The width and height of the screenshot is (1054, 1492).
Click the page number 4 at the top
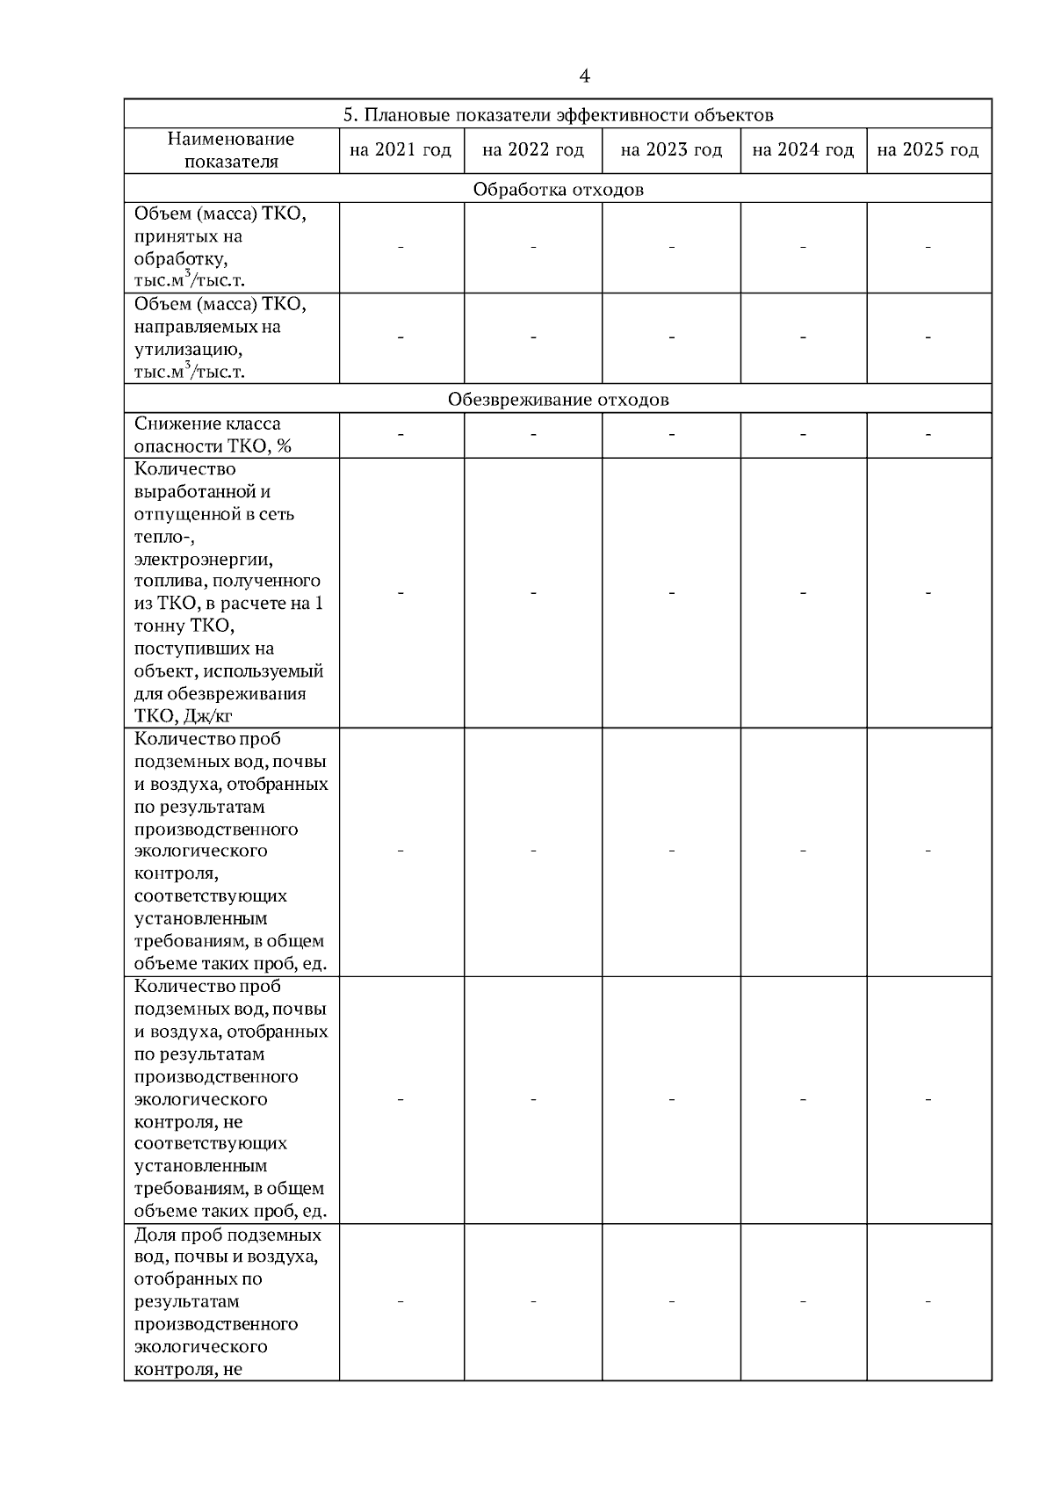pyautogui.click(x=584, y=76)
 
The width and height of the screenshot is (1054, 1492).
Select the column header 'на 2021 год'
pyautogui.click(x=401, y=150)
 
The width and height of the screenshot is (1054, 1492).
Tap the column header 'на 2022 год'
pyautogui.click(x=533, y=150)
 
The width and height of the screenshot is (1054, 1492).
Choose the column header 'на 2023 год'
pyautogui.click(x=671, y=150)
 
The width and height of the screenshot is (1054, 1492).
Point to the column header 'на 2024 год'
pyautogui.click(x=803, y=150)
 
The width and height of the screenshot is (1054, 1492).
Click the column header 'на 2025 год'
pyautogui.click(x=928, y=150)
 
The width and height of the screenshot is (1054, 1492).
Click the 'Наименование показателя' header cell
pyautogui.click(x=231, y=150)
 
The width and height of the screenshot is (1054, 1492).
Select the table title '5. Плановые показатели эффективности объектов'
pyautogui.click(x=558, y=115)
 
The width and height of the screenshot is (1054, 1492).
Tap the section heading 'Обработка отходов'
pyautogui.click(x=558, y=190)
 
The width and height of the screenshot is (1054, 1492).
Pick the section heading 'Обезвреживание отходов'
pyautogui.click(x=558, y=400)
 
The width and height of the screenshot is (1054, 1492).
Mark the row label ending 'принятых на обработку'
pyautogui.click(x=220, y=248)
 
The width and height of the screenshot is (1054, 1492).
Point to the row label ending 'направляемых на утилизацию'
pyautogui.click(x=220, y=337)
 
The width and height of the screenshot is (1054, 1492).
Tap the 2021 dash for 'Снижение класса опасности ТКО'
pyautogui.click(x=401, y=435)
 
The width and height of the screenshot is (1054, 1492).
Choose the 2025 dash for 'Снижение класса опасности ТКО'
pyautogui.click(x=928, y=435)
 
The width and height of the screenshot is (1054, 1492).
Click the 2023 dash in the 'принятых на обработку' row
pyautogui.click(x=671, y=248)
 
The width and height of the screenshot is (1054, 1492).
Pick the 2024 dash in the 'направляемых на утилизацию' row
pyautogui.click(x=803, y=337)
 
